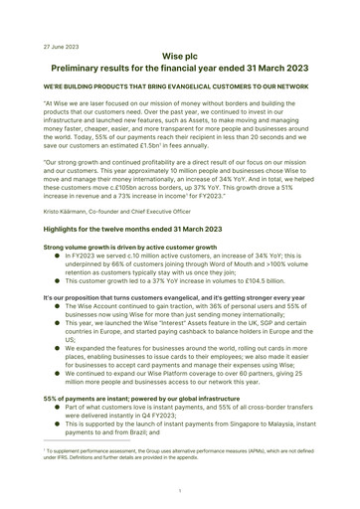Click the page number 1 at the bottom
click(180, 490)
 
